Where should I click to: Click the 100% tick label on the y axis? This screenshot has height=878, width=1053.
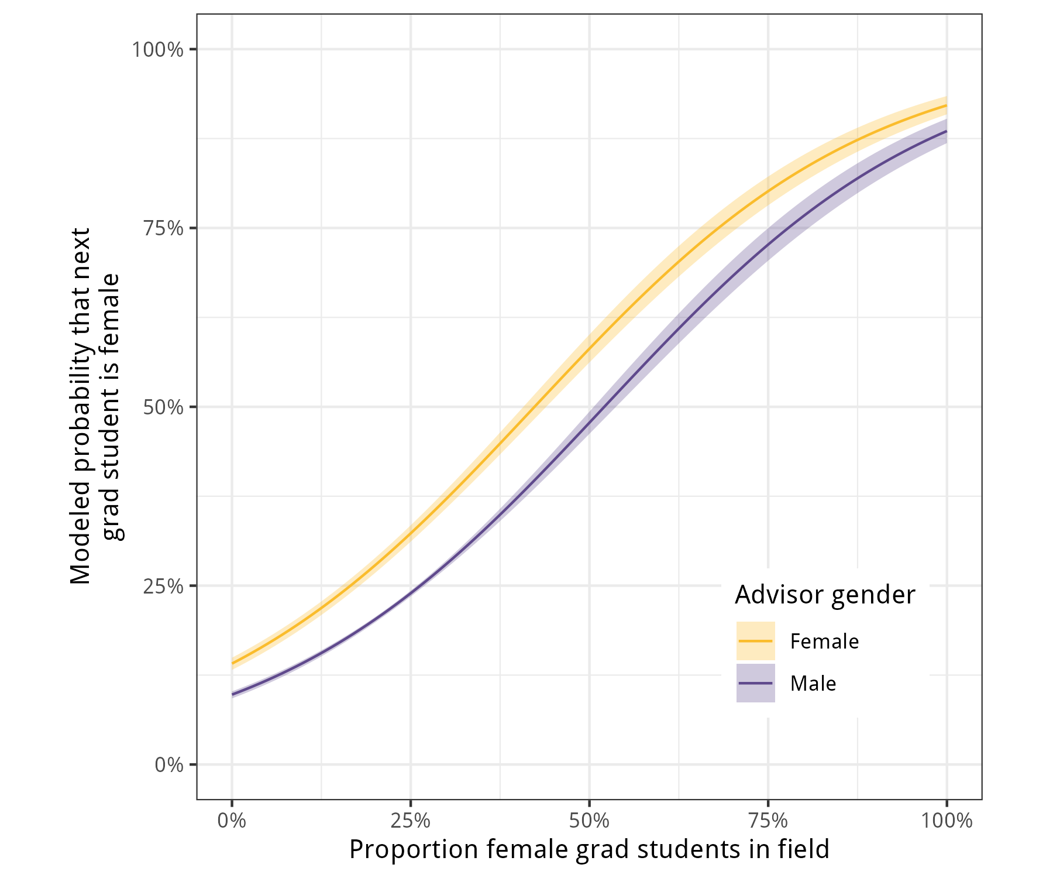[157, 50]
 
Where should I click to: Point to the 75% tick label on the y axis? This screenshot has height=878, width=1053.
[163, 228]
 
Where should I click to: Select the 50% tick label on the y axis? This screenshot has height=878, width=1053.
[163, 407]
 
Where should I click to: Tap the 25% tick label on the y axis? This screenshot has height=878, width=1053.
[163, 586]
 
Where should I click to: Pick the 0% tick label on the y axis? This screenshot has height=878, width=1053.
[169, 764]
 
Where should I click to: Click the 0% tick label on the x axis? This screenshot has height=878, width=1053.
[232, 821]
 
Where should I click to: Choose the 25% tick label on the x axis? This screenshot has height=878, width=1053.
[411, 821]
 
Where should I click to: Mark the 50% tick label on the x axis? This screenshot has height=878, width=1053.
[589, 821]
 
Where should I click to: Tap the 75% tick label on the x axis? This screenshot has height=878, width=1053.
[768, 821]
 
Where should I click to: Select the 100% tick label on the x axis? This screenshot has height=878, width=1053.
[947, 821]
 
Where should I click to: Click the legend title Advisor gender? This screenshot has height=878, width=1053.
[825, 595]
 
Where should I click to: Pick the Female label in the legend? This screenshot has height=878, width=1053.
[824, 642]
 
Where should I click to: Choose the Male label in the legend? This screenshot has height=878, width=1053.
[813, 684]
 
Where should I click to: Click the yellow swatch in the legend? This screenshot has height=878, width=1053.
[755, 641]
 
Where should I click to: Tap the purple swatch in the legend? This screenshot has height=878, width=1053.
[755, 683]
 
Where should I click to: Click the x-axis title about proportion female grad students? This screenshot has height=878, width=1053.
[589, 849]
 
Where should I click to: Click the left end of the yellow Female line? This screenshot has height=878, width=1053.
[233, 663]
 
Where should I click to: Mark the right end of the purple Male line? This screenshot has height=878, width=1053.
[946, 131]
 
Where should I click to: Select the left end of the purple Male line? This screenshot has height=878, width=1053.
[233, 694]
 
